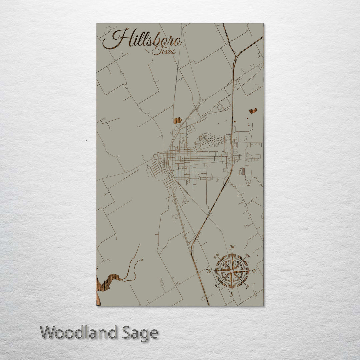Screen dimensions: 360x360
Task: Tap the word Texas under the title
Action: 164,51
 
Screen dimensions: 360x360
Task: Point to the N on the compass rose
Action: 232,247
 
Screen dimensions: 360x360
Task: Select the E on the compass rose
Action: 254,271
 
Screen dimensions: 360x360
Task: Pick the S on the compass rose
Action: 231,294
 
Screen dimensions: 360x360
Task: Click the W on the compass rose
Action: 209,271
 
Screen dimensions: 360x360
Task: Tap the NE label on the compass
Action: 247,256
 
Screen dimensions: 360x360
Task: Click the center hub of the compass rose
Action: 232,271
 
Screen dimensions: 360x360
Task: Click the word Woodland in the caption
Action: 79,333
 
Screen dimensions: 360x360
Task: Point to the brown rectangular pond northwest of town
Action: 178,120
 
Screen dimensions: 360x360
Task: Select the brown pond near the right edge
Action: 253,111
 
